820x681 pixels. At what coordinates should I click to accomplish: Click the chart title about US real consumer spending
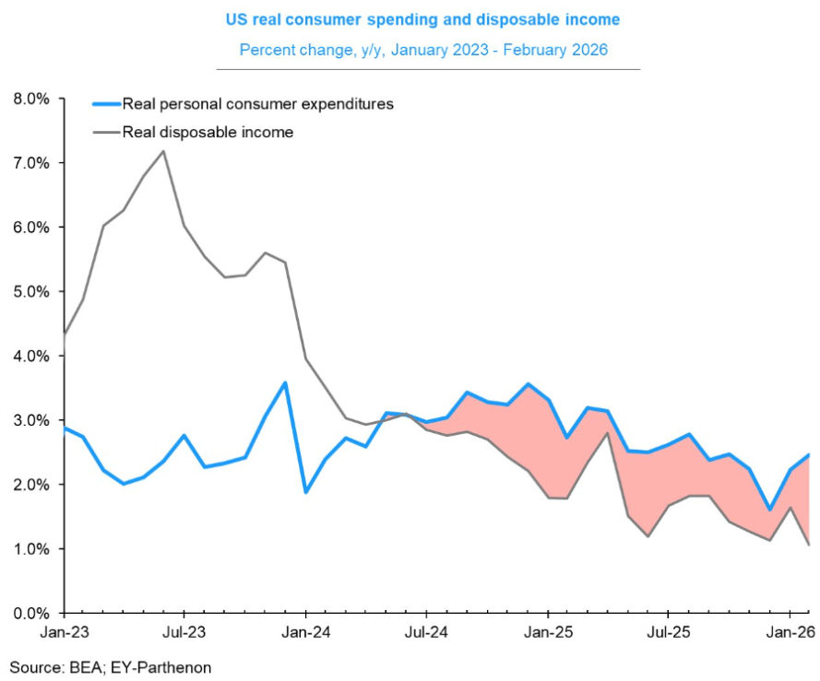coord(422,18)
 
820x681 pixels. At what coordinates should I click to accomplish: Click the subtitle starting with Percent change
coord(423,49)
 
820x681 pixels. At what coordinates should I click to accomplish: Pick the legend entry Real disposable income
coord(208,133)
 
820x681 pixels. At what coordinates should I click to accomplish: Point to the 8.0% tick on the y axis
coord(30,99)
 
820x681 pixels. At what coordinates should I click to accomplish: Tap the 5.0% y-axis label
coord(30,291)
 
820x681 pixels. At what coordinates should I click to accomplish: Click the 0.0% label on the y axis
coord(30,613)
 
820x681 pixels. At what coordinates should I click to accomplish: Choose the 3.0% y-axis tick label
coord(30,420)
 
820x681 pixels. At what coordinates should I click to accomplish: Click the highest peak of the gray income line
coord(164,151)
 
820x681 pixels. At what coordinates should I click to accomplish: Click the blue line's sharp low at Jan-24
coord(306,492)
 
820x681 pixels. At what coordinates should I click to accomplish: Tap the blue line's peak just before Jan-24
coord(286,382)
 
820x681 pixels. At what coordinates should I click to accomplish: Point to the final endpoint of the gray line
coord(809,545)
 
